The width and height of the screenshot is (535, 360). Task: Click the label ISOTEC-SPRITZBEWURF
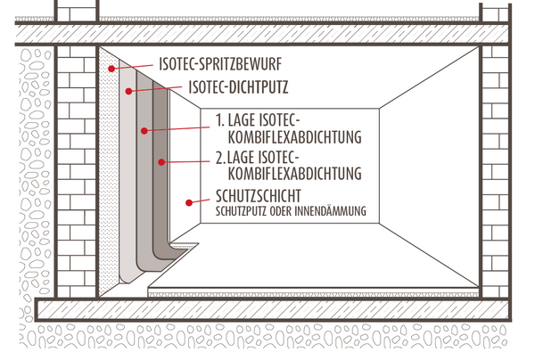220,64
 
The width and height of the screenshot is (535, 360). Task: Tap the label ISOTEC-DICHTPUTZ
238,87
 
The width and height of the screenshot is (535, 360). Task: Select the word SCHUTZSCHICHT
259,196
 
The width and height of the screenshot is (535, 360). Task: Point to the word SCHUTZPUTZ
241,211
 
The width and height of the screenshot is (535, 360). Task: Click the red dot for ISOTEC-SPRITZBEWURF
111,69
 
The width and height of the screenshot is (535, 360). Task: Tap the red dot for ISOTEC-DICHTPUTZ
128,91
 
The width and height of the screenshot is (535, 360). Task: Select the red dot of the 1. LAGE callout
144,131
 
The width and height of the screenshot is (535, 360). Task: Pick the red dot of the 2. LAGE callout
161,162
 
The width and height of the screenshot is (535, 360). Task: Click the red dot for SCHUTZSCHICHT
189,203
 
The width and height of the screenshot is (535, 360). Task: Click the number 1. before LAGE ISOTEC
220,120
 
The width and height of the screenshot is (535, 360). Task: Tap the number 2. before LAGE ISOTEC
220,158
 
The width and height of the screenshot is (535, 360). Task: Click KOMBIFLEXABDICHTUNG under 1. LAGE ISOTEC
294,137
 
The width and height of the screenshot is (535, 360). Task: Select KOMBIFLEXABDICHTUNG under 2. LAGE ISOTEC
294,173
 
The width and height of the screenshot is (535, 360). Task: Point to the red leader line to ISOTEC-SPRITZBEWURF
132,67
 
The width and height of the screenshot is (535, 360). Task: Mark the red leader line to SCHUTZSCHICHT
200,201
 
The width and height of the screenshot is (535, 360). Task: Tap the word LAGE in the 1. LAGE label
242,120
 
